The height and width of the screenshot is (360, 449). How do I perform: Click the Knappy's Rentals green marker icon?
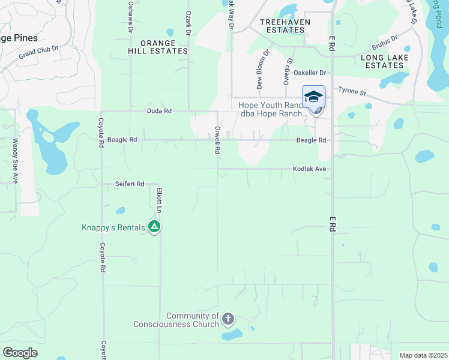click(154, 227)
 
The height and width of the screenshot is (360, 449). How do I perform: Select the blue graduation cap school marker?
click(313, 96)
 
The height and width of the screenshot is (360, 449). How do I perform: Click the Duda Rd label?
click(159, 111)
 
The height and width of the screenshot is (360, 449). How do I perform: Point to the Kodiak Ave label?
click(309, 169)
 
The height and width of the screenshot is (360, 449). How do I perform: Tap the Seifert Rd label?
click(130, 184)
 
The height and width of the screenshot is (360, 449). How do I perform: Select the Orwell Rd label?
click(218, 140)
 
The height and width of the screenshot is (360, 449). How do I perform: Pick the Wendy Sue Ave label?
click(15, 161)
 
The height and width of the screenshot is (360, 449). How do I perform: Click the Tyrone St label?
click(352, 92)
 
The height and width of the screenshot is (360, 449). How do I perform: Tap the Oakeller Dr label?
click(310, 73)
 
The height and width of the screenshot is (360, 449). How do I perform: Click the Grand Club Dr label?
click(38, 52)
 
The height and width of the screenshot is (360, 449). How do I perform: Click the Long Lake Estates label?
click(385, 61)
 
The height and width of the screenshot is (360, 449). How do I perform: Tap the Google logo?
click(20, 353)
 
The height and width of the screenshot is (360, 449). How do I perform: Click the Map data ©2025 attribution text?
click(423, 355)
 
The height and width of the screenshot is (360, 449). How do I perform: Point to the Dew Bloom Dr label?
click(264, 72)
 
